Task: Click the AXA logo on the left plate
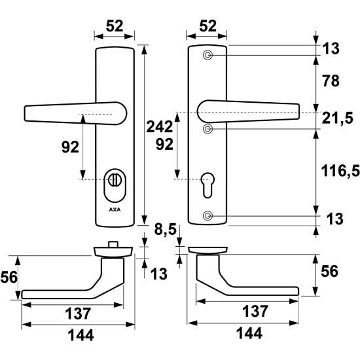point(115,209)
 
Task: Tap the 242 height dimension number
point(159,127)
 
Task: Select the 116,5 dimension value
point(340,171)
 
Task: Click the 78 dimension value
point(331,81)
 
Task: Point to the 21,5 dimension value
point(337,118)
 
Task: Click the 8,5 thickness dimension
point(165,229)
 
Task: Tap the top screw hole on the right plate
point(207,55)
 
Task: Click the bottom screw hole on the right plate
point(207,215)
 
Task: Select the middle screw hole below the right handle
point(207,129)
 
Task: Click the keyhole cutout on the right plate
point(207,185)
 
